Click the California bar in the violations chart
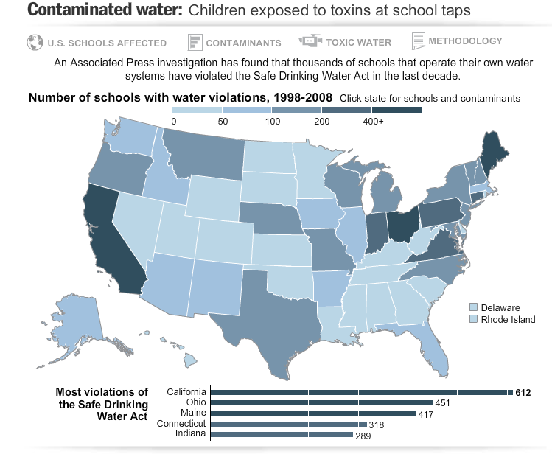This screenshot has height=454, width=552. (361, 392)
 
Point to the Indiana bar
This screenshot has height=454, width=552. (281, 435)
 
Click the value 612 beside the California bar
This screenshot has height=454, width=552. (523, 393)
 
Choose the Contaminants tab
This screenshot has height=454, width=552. (235, 42)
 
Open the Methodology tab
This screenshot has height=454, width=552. (458, 41)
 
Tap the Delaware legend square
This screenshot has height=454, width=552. (475, 307)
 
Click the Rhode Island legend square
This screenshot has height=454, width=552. (475, 319)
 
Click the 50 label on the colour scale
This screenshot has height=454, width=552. (222, 122)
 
